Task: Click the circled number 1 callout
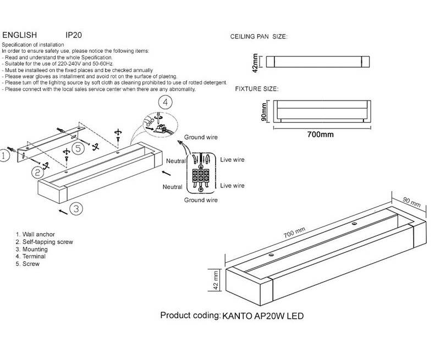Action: [x=4, y=156]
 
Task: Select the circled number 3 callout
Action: [x=76, y=208]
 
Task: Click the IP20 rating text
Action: [x=74, y=34]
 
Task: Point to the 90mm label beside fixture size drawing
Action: [x=264, y=112]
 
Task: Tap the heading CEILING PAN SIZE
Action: [x=258, y=37]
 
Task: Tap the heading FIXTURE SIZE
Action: [x=256, y=88]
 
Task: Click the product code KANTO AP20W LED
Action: [x=263, y=317]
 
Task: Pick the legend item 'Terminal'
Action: [x=33, y=256]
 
